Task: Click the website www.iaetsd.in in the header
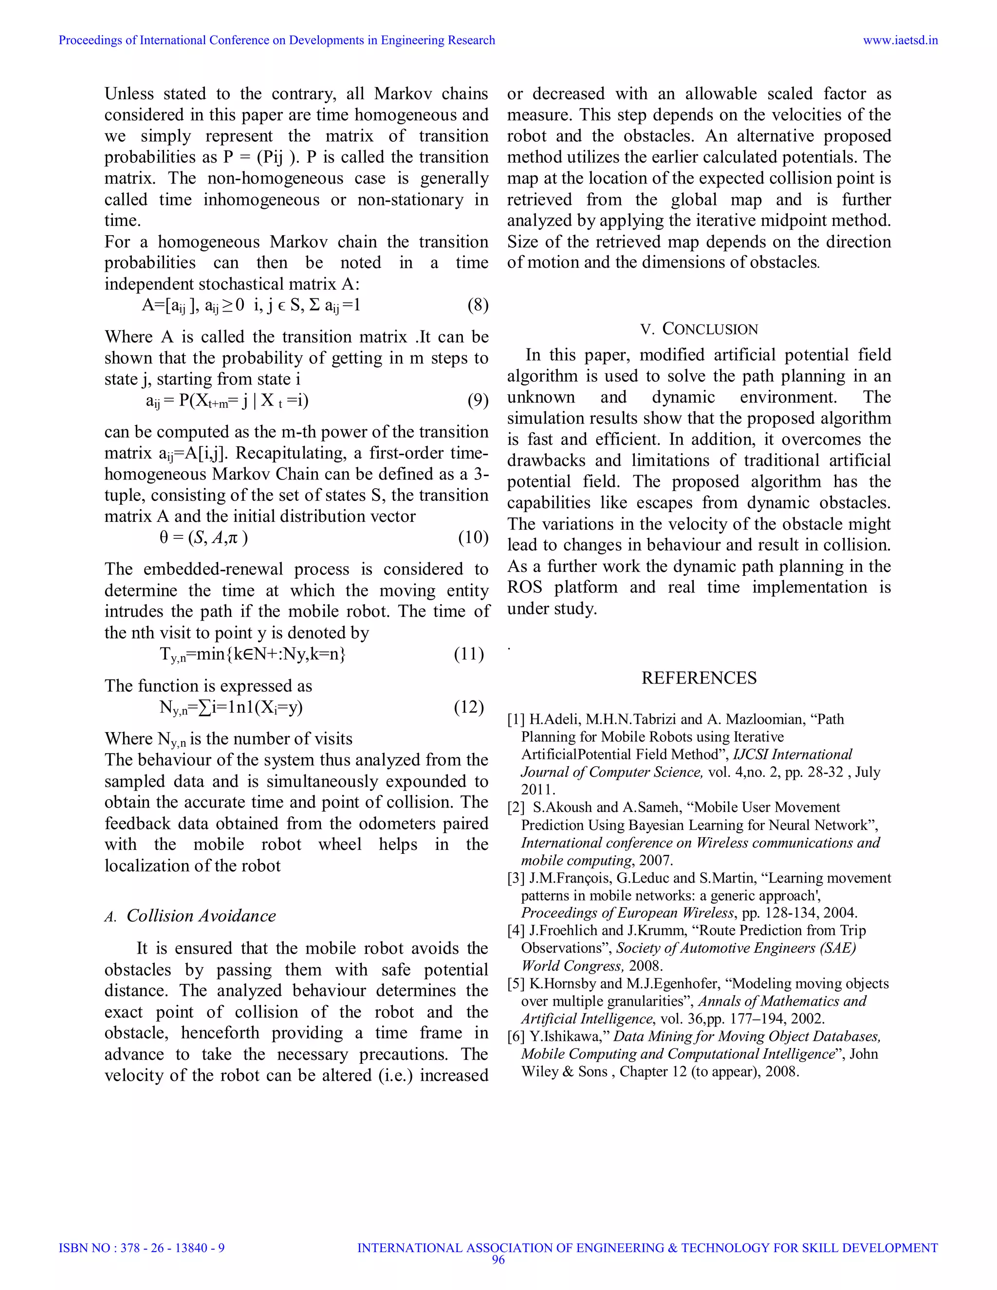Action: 900,40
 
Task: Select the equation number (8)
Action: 477,305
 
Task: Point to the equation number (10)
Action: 473,537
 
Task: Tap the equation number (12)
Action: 469,706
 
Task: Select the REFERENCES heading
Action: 699,678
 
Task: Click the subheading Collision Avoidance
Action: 201,916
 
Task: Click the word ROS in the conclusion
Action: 524,587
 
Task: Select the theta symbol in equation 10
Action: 164,537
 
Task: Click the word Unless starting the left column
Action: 129,93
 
